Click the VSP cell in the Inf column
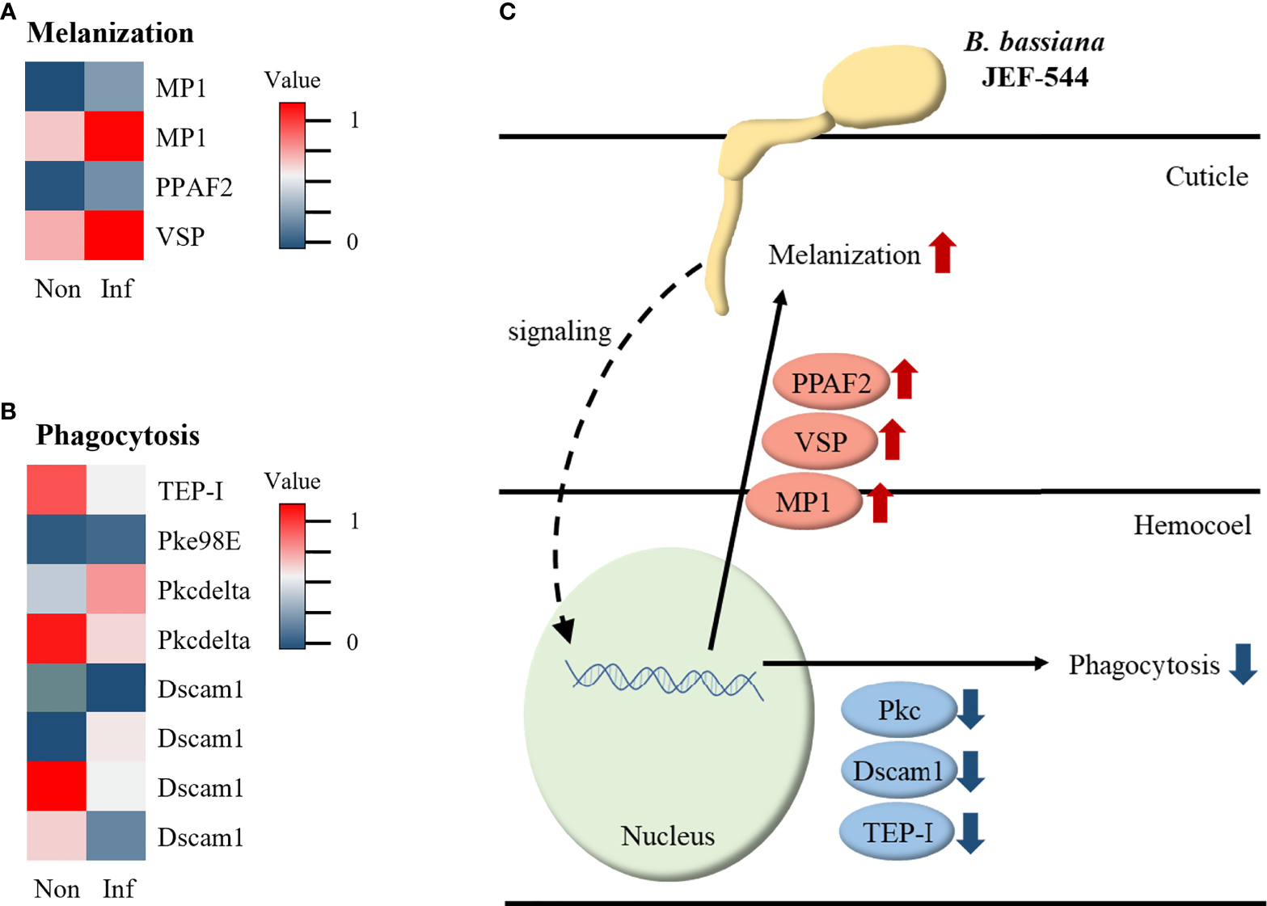114,235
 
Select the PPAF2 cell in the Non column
54,186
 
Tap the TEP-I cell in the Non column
57,490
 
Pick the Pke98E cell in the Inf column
116,539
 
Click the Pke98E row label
199,541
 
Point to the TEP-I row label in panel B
190,491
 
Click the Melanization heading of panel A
110,33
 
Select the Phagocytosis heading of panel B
117,436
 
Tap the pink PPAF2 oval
830,382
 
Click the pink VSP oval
820,442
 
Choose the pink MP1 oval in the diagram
803,502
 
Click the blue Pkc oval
899,710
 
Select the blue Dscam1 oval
897,771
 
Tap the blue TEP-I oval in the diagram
897,832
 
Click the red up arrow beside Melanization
942,252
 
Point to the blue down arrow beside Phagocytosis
1243,664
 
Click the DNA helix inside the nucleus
664,679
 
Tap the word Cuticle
1206,176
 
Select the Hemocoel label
1192,525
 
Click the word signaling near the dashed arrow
559,331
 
